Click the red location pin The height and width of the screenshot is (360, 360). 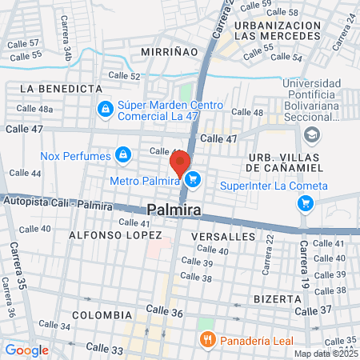coord(180,162)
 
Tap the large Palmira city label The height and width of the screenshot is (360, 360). coord(174,210)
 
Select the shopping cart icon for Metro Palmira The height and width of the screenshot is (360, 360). coord(192,182)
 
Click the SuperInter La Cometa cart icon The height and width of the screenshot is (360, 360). coord(305,203)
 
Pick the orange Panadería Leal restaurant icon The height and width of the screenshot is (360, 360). coord(207,339)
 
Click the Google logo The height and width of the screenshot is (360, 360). coord(26,350)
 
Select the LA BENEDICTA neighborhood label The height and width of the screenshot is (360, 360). coord(61,88)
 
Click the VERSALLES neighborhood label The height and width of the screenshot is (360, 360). coord(223,237)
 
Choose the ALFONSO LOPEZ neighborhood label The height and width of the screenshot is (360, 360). coord(109,236)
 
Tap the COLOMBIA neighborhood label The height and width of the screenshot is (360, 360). coord(101,315)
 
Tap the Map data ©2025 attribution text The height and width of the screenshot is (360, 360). coord(326,354)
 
